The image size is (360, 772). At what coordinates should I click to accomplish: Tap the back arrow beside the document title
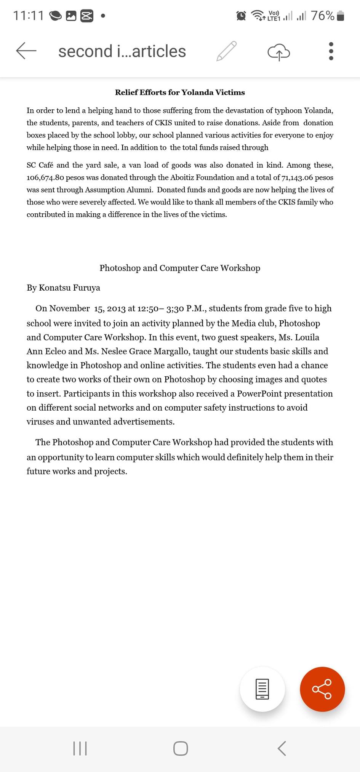(26, 51)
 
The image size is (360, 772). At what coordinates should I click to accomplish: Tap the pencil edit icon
(227, 51)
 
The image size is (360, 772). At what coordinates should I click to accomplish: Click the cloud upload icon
(279, 52)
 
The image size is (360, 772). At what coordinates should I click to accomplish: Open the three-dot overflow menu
(331, 51)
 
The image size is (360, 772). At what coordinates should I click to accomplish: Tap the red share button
(322, 689)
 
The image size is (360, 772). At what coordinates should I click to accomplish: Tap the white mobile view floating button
(262, 689)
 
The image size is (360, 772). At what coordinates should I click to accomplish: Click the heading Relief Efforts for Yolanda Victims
(180, 93)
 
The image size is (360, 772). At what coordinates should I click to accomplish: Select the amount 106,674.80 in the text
(45, 177)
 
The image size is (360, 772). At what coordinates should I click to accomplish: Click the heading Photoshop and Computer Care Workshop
(180, 268)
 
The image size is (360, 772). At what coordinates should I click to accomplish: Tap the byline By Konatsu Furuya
(63, 288)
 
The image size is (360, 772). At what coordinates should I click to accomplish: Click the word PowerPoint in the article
(259, 393)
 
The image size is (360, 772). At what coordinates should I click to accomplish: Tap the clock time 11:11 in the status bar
(29, 16)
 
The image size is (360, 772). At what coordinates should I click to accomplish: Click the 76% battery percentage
(322, 16)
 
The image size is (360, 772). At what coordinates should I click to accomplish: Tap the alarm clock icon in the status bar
(241, 16)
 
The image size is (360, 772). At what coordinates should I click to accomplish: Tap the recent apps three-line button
(80, 748)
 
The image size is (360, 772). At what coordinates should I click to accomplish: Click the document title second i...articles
(122, 51)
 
